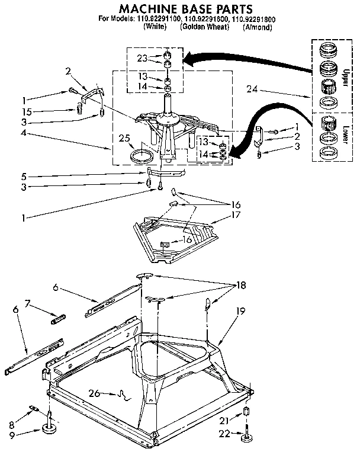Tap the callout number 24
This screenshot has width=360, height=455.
[x=253, y=90]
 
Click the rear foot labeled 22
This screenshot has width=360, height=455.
[x=246, y=438]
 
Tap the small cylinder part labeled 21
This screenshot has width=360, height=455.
[x=246, y=413]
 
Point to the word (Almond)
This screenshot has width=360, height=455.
[x=258, y=28]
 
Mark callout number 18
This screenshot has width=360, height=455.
[x=241, y=285]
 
